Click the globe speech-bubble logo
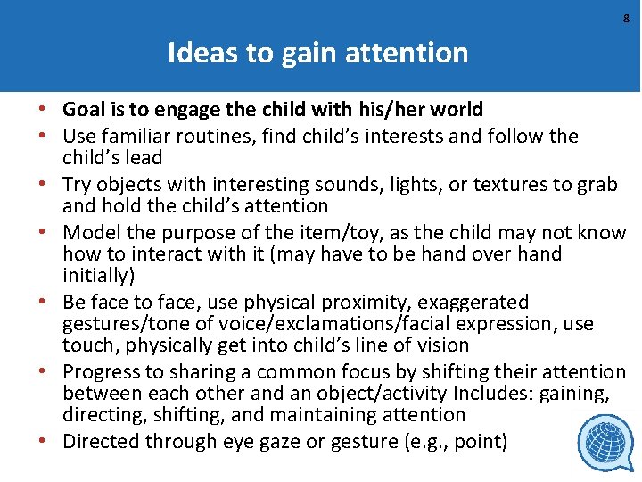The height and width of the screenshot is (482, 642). tap(606, 443)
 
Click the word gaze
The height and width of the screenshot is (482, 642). tap(284, 442)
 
